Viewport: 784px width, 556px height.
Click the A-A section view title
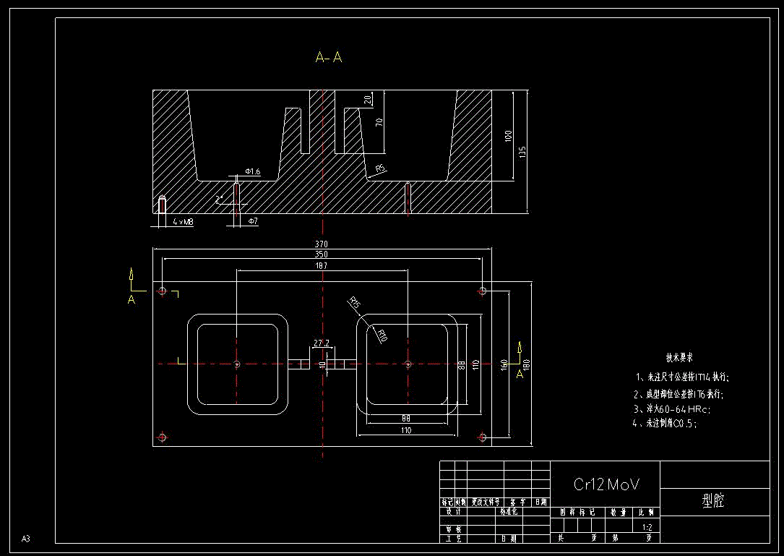[329, 57]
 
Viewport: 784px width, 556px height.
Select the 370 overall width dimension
[322, 244]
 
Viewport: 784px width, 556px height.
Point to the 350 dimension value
[322, 255]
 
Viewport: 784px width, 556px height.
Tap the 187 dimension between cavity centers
[322, 266]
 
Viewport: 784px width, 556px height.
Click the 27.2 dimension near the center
[322, 343]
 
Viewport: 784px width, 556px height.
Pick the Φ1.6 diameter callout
[252, 171]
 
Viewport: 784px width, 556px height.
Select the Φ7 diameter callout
[253, 221]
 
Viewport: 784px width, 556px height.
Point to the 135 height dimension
[523, 151]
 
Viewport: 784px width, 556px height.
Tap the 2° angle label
[219, 198]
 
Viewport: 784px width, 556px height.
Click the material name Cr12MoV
[606, 484]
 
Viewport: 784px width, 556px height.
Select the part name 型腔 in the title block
[713, 500]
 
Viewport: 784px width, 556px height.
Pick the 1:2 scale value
[647, 528]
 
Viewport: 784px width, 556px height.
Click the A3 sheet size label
[26, 539]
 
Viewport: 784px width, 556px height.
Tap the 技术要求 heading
[679, 358]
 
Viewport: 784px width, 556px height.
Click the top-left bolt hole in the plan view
[162, 291]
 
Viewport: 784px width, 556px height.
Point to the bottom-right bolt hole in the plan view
[482, 437]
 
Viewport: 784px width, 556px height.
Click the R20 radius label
[382, 335]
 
